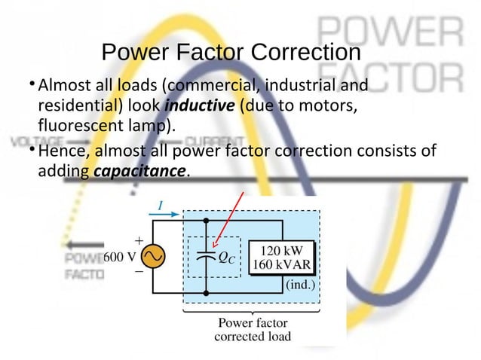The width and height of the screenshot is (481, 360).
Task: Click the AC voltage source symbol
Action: coord(151,257)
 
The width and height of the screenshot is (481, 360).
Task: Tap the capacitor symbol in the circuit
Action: coord(205,256)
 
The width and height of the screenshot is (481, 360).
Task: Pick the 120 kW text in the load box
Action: coord(285,250)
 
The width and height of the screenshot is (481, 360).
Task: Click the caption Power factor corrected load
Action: coord(252,330)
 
